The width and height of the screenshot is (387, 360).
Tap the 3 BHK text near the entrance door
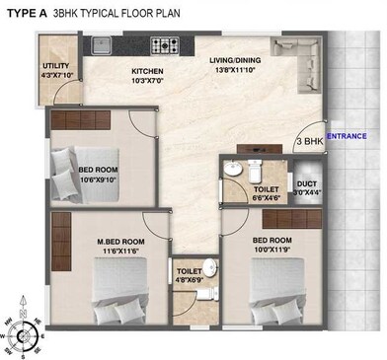tap(309, 143)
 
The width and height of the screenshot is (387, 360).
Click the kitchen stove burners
tap(163, 44)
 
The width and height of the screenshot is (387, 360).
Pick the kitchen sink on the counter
tap(103, 45)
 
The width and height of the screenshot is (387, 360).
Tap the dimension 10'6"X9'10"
tap(99, 180)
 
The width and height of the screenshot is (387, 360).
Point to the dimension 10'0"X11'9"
tap(273, 250)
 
